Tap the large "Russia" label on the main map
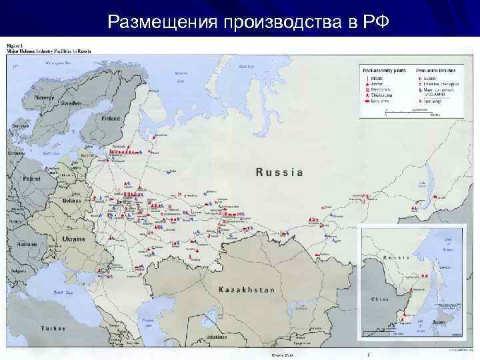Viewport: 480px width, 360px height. (279, 172)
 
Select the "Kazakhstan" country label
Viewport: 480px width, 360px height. (247, 290)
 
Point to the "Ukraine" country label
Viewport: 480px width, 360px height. (74, 239)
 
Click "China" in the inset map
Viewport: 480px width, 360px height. (379, 300)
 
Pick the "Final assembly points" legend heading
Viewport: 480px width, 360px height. (383, 69)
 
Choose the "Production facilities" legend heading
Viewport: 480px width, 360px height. (434, 69)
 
